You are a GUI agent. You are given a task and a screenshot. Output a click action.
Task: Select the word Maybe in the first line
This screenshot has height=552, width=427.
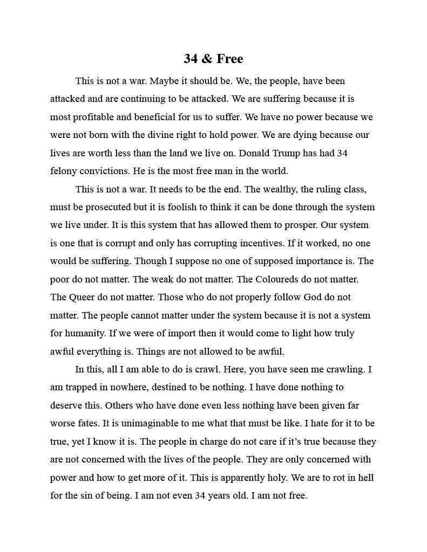coord(164,81)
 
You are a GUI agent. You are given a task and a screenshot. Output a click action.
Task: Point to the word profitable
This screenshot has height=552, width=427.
coord(91,117)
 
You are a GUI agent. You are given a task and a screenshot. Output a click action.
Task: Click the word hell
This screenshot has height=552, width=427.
coord(366,478)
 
